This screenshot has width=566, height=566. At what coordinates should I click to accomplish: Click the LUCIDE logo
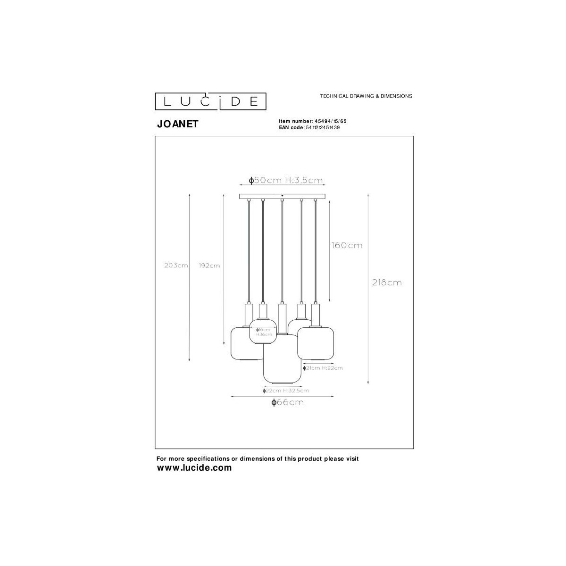(x=211, y=101)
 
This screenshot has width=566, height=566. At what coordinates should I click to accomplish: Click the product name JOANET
(x=177, y=124)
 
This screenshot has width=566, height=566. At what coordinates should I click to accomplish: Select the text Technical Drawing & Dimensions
(x=366, y=96)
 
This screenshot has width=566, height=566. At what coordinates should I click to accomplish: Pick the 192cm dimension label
(x=209, y=266)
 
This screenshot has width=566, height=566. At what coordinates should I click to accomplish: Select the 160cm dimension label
(x=346, y=245)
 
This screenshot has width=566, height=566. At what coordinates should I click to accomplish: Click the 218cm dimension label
(x=387, y=283)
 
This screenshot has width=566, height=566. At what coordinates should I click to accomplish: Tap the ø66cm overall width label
(x=287, y=402)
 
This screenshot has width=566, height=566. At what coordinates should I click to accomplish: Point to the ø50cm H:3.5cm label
(x=286, y=180)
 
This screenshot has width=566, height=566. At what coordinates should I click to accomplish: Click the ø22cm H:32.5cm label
(x=285, y=391)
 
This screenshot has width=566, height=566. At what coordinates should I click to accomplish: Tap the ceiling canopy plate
(x=282, y=196)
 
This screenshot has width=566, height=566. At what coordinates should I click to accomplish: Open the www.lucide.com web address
(x=194, y=468)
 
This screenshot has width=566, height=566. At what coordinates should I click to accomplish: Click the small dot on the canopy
(x=282, y=195)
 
